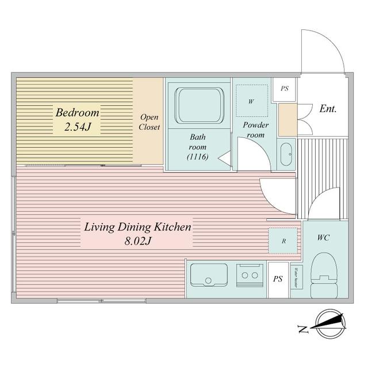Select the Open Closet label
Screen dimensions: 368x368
[x=149, y=122]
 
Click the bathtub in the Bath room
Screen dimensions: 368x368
[x=198, y=105]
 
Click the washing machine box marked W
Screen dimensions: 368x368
[x=251, y=101]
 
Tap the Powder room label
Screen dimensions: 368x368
[x=254, y=130]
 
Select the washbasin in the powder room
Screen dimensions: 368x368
[x=285, y=154]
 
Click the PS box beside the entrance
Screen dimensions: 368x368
[x=284, y=89]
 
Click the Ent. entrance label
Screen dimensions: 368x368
[x=328, y=108]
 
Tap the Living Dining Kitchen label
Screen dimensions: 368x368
[x=137, y=227]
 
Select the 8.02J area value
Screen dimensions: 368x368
[x=138, y=242]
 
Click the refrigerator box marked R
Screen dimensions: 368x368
[x=283, y=240]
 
